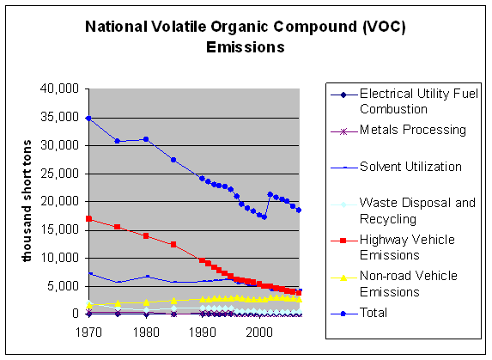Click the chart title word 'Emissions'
[x=246, y=47]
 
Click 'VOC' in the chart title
[x=384, y=27]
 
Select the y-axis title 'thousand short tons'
[x=27, y=201]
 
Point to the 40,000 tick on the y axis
[x=59, y=88]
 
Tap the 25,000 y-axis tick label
[x=59, y=174]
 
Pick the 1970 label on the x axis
[x=88, y=332]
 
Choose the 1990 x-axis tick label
[x=203, y=332]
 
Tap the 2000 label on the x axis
[x=259, y=332]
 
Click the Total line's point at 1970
[x=88, y=119]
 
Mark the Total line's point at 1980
[x=146, y=139]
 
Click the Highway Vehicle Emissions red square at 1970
[x=88, y=218]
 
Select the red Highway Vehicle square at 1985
[x=173, y=244]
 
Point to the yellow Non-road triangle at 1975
[x=118, y=303]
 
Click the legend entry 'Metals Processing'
[x=413, y=130]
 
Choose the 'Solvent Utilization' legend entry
[x=410, y=167]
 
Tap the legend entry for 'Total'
[x=374, y=313]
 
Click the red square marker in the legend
[x=343, y=241]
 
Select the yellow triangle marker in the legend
[x=343, y=278]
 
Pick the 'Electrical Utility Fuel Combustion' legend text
[x=418, y=101]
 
